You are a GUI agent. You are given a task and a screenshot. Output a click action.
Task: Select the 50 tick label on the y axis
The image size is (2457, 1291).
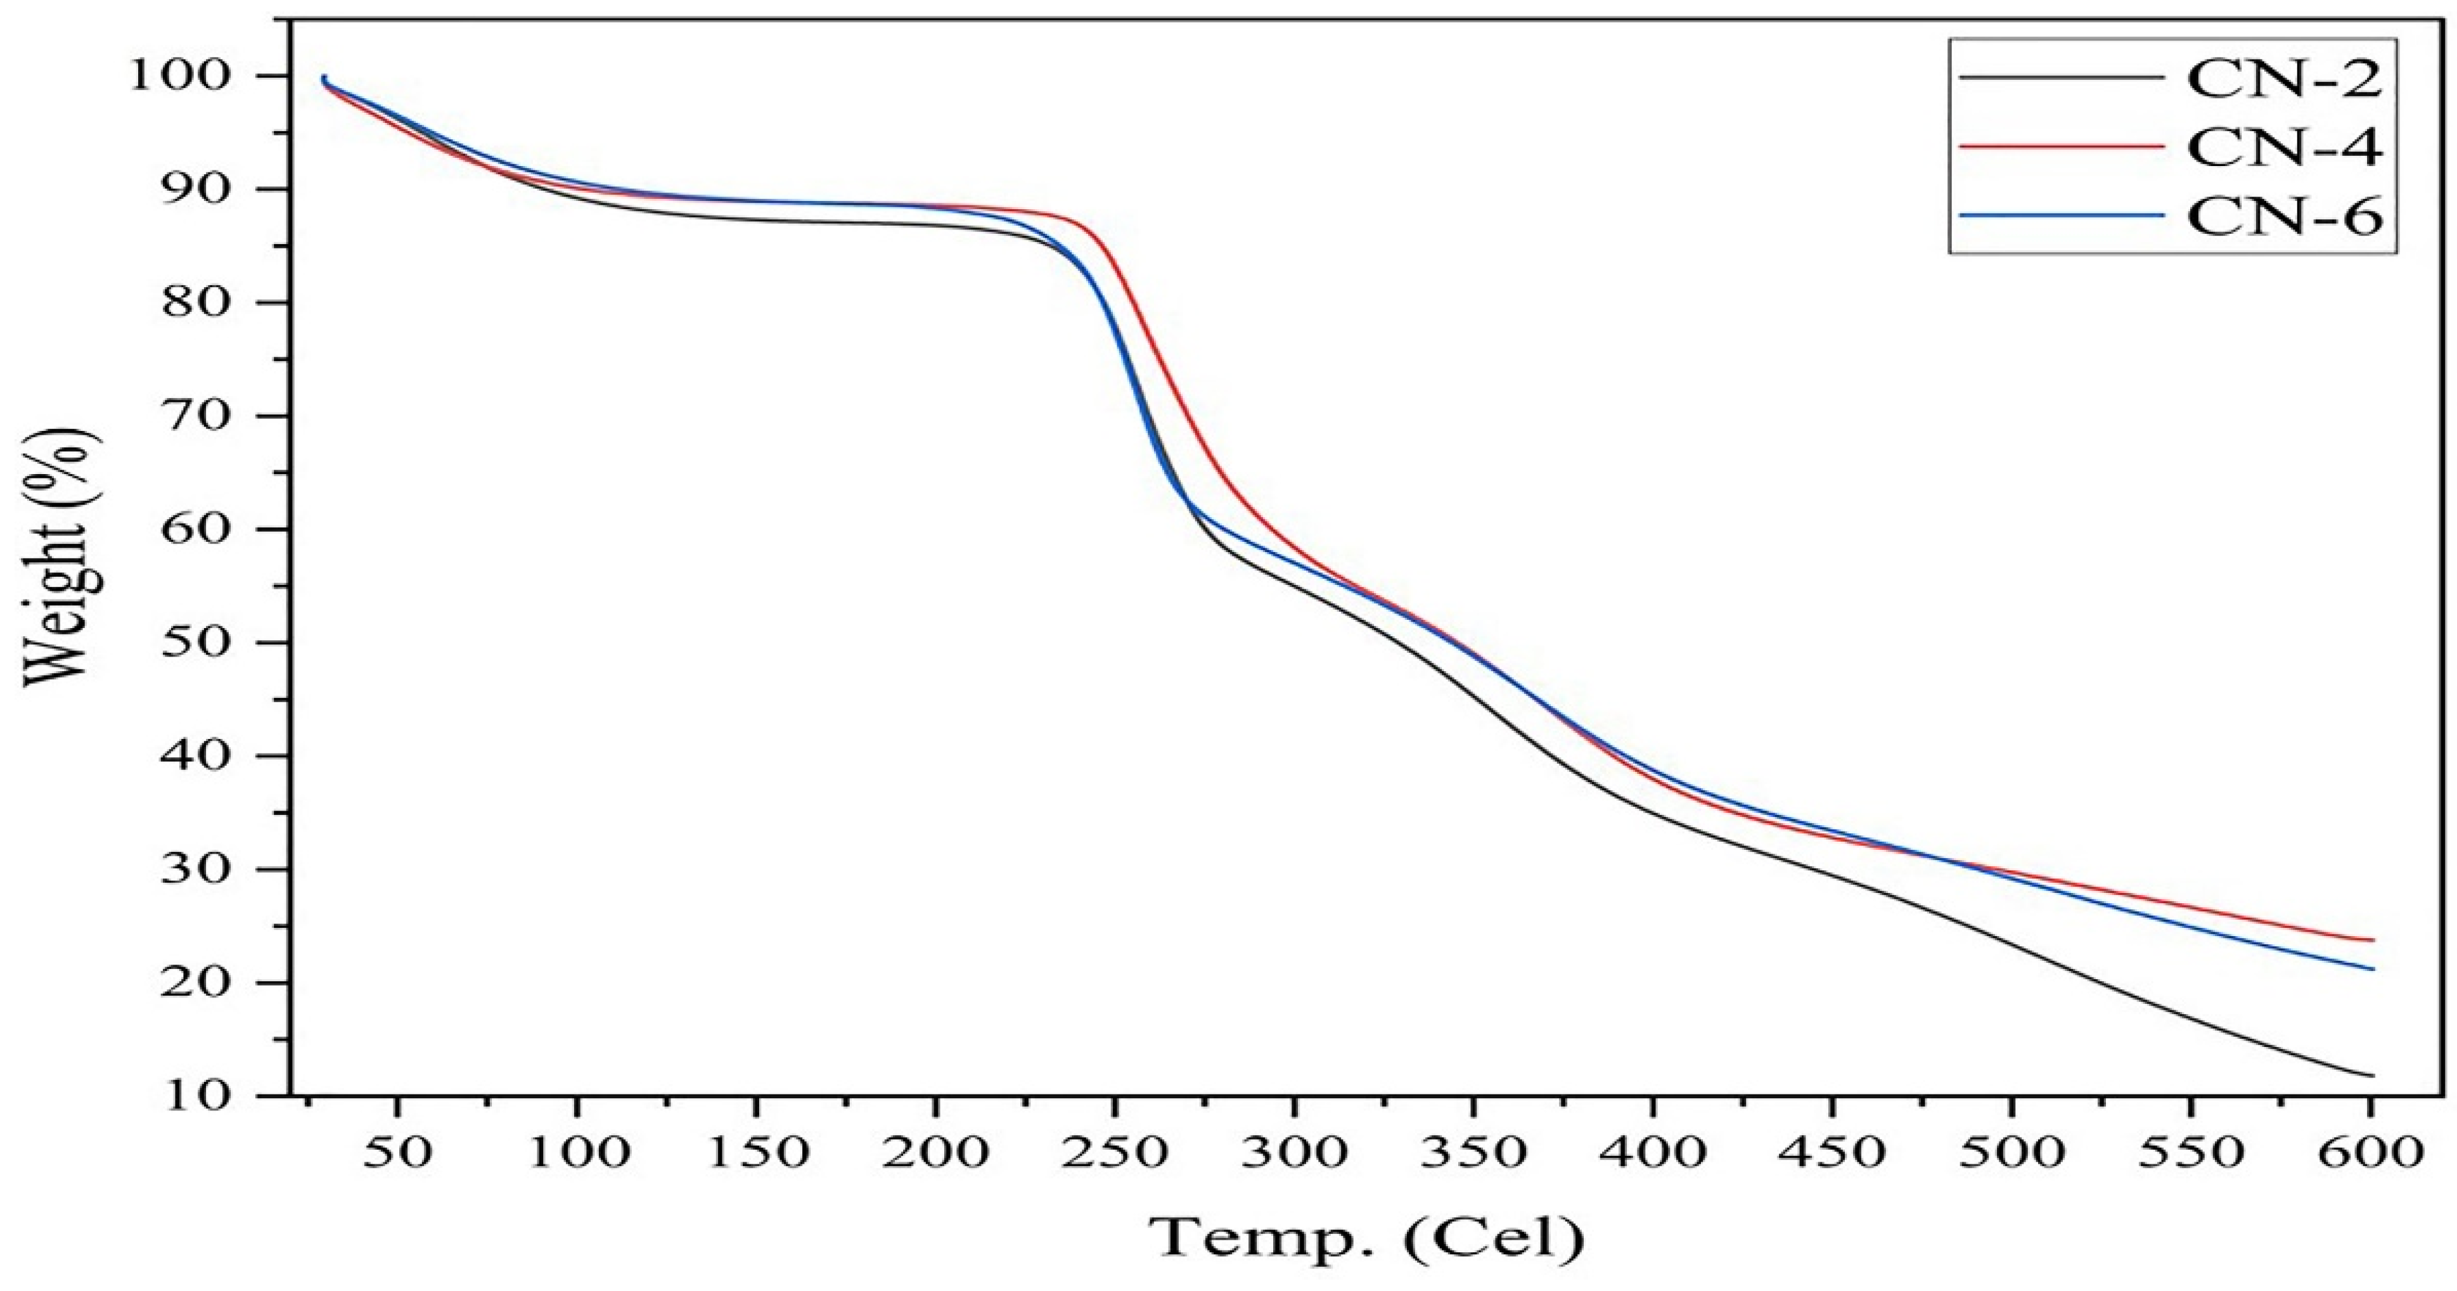coord(196,642)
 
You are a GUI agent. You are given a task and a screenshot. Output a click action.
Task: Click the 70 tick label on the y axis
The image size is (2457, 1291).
coord(196,416)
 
